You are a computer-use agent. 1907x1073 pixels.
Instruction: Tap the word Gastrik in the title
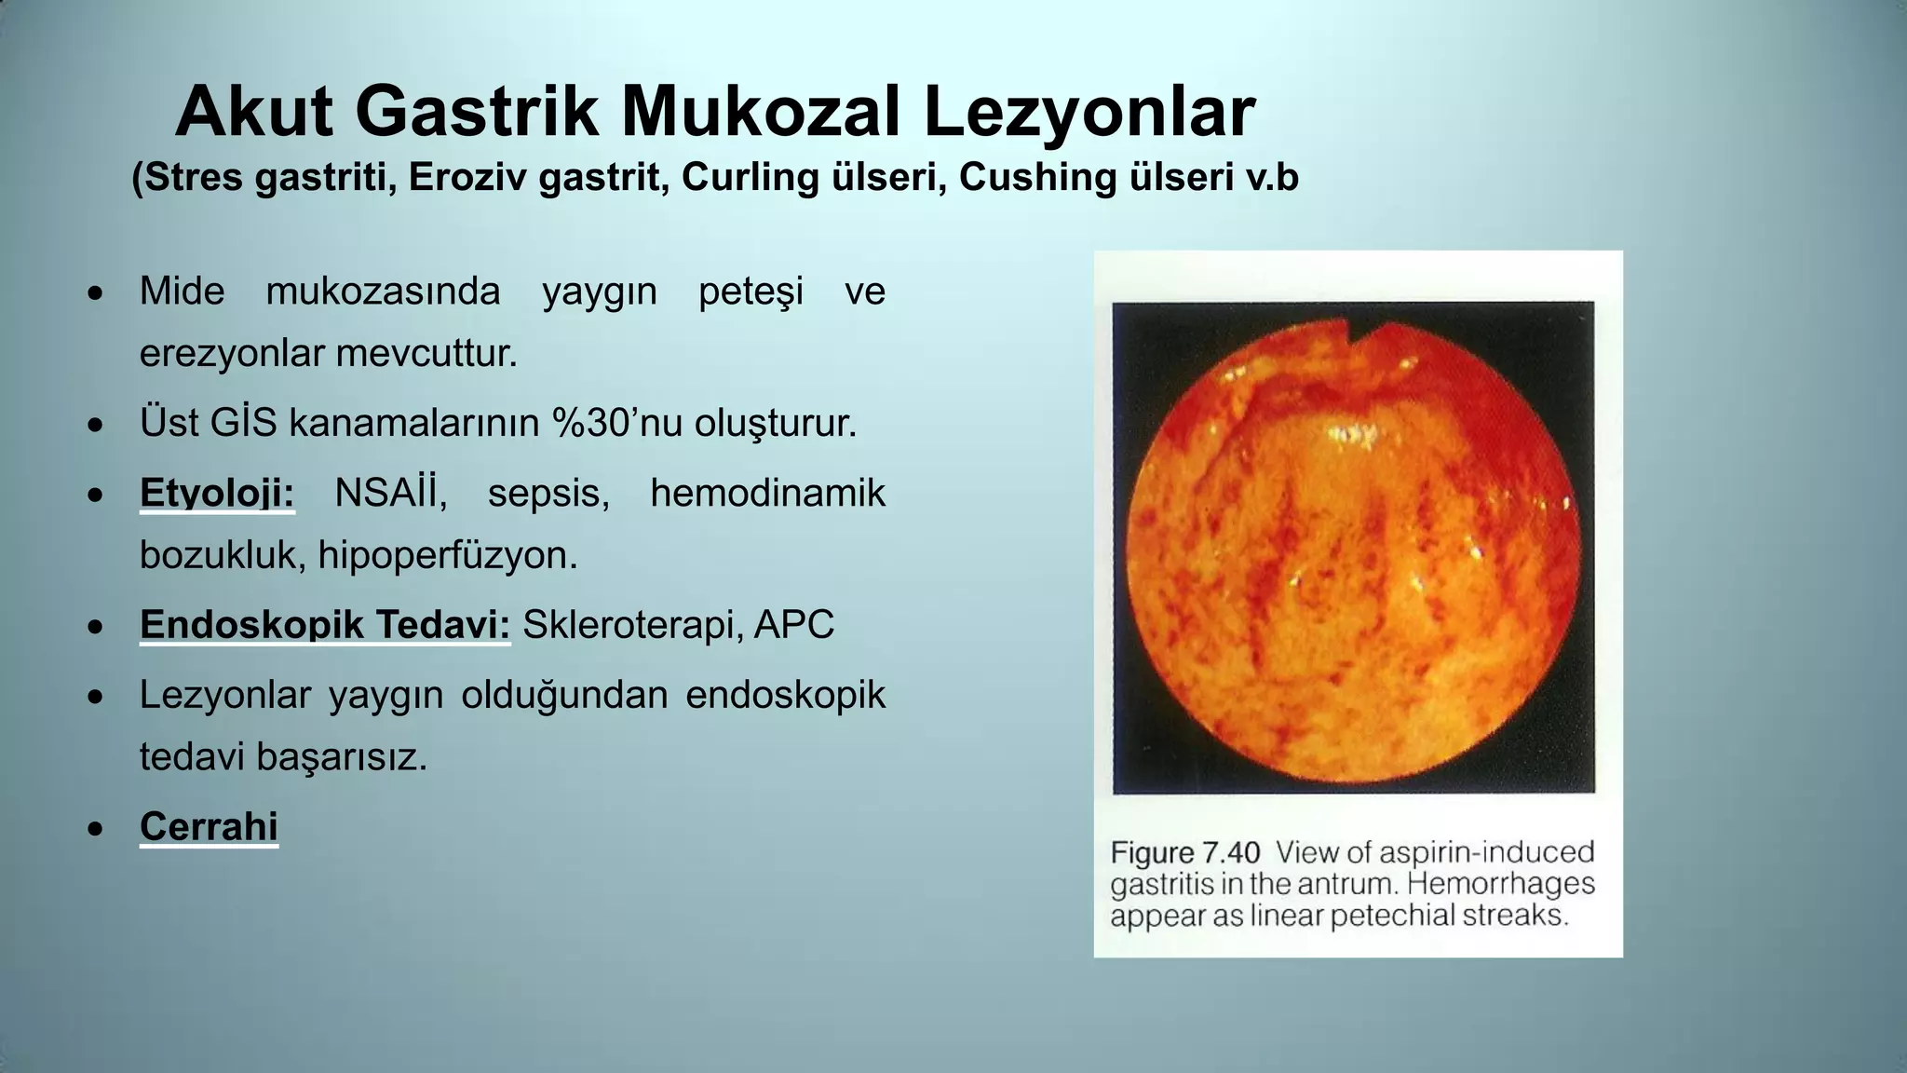point(476,113)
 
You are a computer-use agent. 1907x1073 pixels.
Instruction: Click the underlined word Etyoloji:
point(216,493)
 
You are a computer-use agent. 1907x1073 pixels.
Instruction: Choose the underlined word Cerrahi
point(209,826)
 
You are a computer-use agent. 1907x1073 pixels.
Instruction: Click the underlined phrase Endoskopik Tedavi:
point(325,625)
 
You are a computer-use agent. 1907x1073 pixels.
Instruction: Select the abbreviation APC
point(794,625)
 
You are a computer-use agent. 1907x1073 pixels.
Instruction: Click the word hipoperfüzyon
point(448,556)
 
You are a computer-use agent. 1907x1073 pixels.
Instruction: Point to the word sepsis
point(548,493)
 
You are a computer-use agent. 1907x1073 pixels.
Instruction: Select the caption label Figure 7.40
point(1184,852)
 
